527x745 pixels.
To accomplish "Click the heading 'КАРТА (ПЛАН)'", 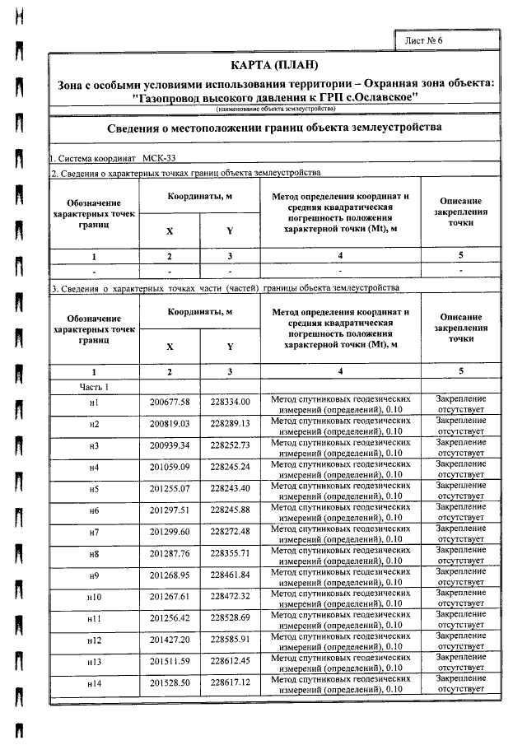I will coord(274,65).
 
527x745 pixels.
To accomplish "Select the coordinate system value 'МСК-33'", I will coord(159,157).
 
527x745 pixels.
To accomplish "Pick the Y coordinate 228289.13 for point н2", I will coord(230,423).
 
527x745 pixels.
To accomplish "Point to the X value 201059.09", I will coord(170,468).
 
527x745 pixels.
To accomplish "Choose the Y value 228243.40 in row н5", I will coord(230,490).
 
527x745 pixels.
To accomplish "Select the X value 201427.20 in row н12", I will coord(170,639).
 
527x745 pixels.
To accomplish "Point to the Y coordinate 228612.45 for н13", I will coord(230,661).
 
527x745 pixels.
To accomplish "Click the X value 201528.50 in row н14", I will coord(170,683).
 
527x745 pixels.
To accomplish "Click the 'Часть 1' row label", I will coord(94,386).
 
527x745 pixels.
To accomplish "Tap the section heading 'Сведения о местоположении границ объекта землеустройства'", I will coord(274,128).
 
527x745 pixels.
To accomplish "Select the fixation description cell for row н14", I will coord(460,682).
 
